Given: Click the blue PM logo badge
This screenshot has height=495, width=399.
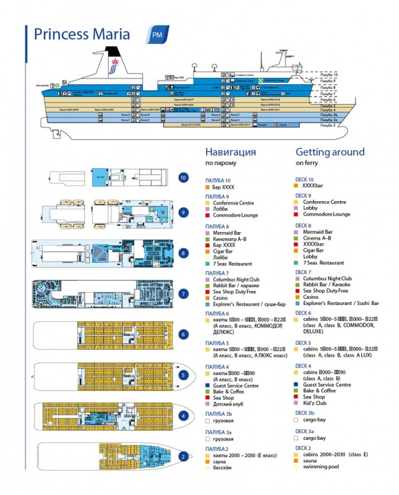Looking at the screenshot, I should coord(157,34).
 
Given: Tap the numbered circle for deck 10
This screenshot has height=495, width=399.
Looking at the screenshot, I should coord(182,178).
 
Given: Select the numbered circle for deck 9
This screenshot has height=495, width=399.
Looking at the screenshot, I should coord(182,212).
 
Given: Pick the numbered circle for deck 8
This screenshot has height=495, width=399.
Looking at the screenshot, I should coord(182,253).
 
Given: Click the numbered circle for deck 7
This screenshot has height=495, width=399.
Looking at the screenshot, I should coord(182,293).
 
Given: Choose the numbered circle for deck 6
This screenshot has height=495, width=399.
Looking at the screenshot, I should coord(182,334).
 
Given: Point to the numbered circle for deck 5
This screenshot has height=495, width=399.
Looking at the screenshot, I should coord(182,374).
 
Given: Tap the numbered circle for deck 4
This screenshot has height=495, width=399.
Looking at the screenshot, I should coord(182,415).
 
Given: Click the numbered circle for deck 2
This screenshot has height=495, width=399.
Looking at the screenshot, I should coord(182,457).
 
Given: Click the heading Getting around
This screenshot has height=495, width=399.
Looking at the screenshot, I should coord(330,152).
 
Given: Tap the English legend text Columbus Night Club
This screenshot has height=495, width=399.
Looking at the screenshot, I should coord(327,278).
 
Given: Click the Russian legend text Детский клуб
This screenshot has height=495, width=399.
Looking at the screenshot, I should coord(228,404).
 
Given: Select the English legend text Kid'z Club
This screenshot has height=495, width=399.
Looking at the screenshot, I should coord(317,403).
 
